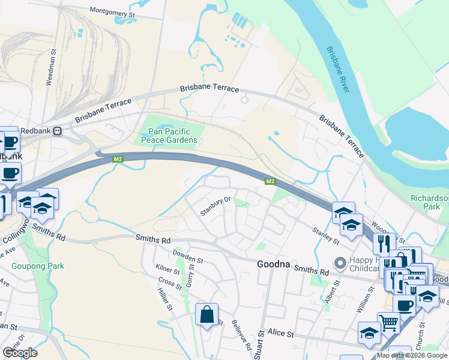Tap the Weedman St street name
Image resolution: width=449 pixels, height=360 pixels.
point(52,68)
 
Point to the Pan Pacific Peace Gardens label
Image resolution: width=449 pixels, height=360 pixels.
point(169,136)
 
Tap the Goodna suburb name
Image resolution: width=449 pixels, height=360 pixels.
point(278,264)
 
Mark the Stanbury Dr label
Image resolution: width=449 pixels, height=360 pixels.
point(216,206)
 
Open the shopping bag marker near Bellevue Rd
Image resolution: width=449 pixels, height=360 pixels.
point(206,314)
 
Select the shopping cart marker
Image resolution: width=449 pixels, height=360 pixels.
point(389,323)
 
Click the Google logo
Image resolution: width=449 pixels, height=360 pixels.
point(20,353)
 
